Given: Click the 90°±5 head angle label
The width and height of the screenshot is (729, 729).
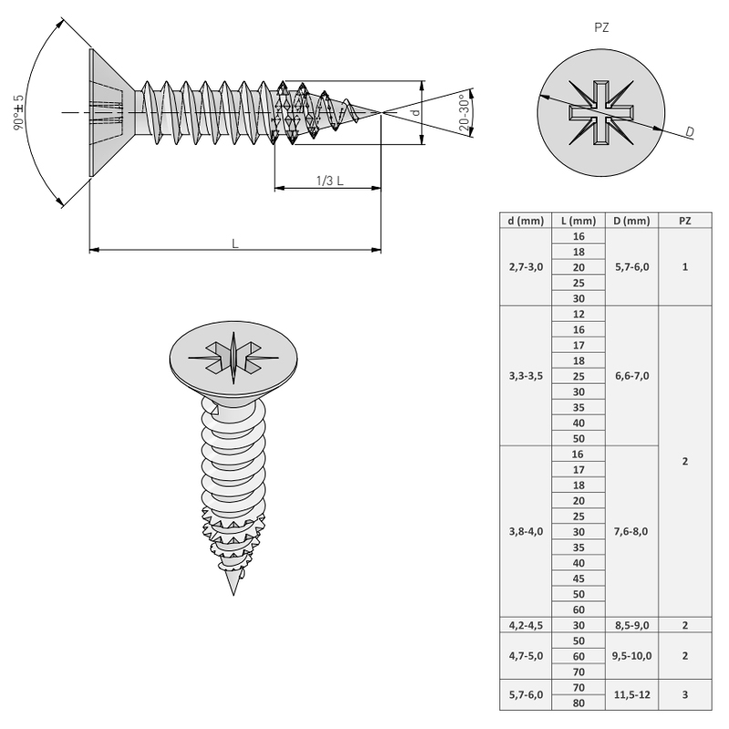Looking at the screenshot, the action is (x=18, y=112).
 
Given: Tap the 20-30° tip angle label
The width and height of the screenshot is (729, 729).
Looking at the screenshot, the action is (x=464, y=112).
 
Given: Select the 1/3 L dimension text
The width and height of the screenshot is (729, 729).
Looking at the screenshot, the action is (x=330, y=180).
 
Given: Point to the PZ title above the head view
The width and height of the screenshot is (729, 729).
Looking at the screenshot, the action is (x=601, y=27).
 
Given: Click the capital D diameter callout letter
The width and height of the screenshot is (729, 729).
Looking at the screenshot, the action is (x=690, y=132).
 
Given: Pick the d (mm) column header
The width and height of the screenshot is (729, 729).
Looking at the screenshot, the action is (x=526, y=221).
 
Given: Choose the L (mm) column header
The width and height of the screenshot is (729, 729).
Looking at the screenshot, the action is (x=579, y=221).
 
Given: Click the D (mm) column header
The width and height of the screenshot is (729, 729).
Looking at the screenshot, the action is (x=631, y=221).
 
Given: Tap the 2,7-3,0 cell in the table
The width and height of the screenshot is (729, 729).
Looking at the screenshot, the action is (x=526, y=267).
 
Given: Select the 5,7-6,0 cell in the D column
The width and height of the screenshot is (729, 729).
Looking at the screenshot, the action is (x=631, y=267).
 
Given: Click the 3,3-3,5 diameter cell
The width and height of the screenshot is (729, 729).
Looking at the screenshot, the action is (x=526, y=375).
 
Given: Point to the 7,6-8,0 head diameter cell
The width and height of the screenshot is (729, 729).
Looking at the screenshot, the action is (x=631, y=531).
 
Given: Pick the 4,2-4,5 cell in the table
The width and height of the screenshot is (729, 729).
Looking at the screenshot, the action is (x=526, y=625).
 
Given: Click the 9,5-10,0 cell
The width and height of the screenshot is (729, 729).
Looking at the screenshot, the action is (x=631, y=656).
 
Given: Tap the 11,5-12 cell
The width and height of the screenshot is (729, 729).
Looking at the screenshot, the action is (x=631, y=695).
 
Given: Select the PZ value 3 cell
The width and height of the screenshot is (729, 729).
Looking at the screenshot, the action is (x=685, y=695).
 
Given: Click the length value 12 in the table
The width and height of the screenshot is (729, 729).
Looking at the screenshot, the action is (x=579, y=314).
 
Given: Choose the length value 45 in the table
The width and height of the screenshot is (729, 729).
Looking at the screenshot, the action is (x=579, y=579).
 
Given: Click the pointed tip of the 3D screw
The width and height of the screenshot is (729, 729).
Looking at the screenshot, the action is (x=233, y=595).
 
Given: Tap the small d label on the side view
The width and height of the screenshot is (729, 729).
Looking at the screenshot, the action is (x=416, y=112).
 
